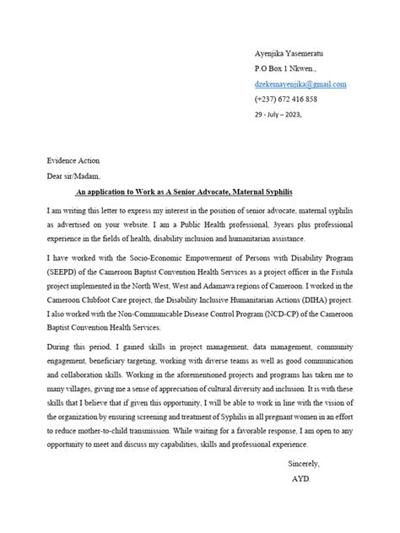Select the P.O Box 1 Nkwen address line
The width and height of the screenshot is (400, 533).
(287, 67)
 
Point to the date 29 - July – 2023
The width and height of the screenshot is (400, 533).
(277, 115)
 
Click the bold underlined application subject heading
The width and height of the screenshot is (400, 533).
(199, 191)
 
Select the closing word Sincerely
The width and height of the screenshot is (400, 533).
(304, 463)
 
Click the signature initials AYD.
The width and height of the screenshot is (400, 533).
(301, 478)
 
